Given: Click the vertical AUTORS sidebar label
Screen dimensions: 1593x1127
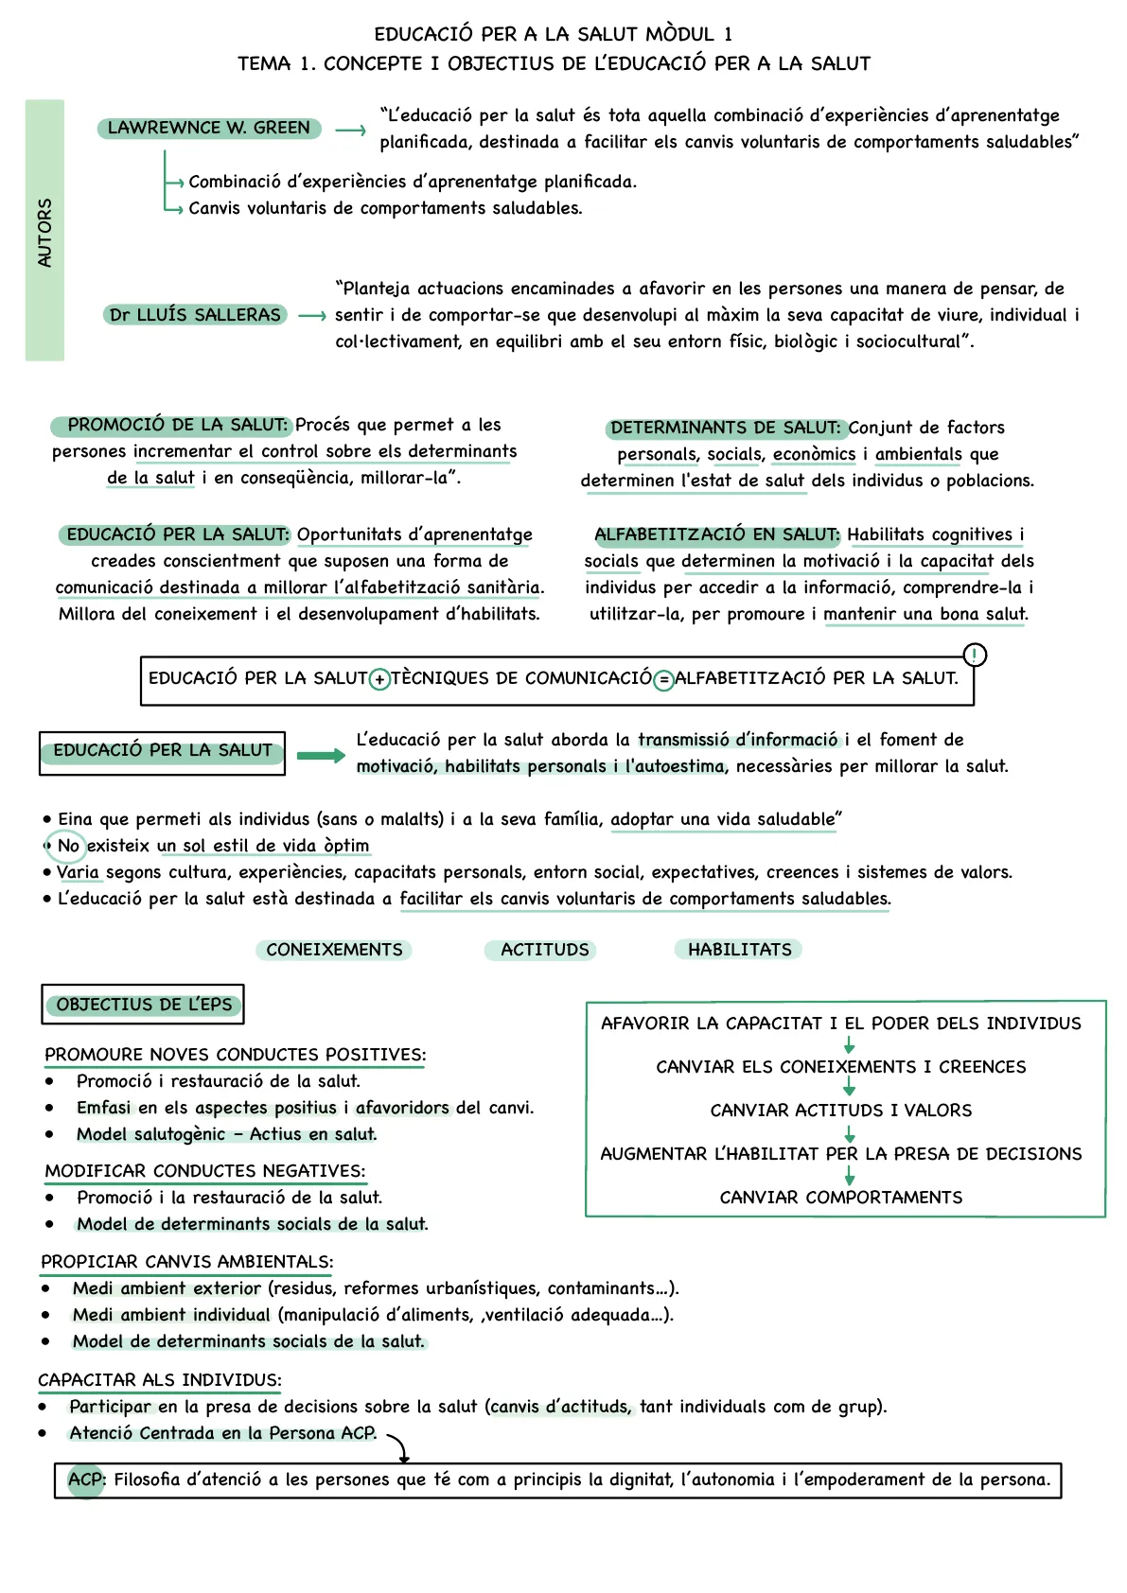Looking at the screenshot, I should [x=44, y=232].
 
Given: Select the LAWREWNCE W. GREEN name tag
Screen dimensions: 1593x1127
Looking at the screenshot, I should [x=209, y=128].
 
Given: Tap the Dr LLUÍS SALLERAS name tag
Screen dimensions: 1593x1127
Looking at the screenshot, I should [x=195, y=315].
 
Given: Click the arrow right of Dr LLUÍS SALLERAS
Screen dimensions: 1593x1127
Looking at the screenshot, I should [x=312, y=316].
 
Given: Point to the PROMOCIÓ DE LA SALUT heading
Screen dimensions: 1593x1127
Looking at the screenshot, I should [x=177, y=426].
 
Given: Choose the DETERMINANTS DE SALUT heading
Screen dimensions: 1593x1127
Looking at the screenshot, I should [x=725, y=428].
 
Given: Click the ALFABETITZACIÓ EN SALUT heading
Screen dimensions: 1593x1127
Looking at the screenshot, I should [x=716, y=534].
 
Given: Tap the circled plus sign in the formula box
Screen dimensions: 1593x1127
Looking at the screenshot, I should [x=379, y=679].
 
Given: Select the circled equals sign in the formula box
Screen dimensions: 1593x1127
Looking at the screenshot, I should [x=663, y=679].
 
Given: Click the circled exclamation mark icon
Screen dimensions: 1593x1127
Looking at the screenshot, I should [x=974, y=655].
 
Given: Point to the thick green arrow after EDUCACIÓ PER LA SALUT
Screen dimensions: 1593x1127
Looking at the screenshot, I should [x=321, y=755].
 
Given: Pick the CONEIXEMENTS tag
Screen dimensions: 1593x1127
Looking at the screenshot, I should [x=334, y=950].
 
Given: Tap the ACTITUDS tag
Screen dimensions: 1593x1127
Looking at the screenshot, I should [x=544, y=950].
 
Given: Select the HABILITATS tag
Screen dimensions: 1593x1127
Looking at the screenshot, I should [x=739, y=950].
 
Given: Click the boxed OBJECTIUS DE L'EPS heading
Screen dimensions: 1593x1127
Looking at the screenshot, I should [x=143, y=1005].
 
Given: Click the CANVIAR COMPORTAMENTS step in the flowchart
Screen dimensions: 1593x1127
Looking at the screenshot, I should [x=840, y=1198].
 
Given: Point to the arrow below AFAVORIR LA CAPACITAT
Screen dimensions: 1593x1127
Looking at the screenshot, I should [x=849, y=1045].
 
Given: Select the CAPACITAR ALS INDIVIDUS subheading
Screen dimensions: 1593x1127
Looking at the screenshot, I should [x=160, y=1380].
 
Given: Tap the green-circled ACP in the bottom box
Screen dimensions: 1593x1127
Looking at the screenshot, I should [x=86, y=1479].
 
